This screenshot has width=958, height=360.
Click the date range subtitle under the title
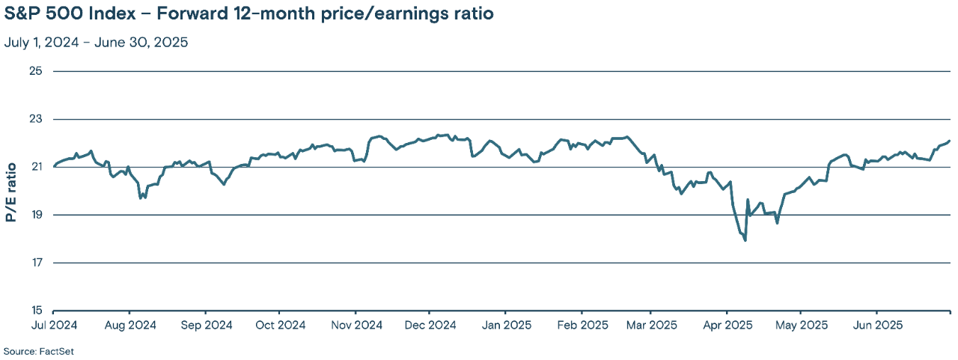click(96, 42)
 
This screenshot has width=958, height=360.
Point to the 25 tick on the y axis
click(36, 71)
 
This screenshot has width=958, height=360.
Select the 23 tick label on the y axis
click(36, 119)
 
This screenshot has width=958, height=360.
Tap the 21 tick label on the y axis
click(36, 167)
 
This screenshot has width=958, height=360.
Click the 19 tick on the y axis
click(36, 215)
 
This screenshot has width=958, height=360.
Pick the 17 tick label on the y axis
click(36, 263)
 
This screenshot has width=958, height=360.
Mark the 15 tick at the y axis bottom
click(36, 310)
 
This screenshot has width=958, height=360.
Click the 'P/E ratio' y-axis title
click(11, 192)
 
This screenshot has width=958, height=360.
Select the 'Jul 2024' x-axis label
click(54, 325)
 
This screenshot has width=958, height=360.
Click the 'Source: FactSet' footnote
click(39, 351)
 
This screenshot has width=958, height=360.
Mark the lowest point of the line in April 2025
click(745, 240)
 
